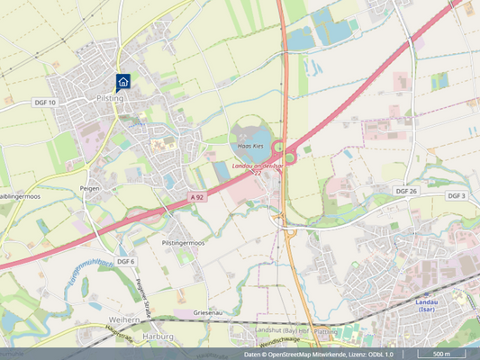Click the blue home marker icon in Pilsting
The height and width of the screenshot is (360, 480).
pos(123,82)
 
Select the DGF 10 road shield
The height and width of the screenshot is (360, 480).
pos(45,103)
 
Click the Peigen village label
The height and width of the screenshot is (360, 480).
pos(90,188)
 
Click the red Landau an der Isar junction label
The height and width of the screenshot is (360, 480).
pos(258,166)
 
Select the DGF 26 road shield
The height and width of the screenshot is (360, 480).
pos(408,192)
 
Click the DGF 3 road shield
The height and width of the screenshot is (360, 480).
pos(457,195)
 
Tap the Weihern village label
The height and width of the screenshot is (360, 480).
pos(124,319)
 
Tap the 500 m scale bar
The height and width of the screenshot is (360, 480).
pos(441,354)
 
